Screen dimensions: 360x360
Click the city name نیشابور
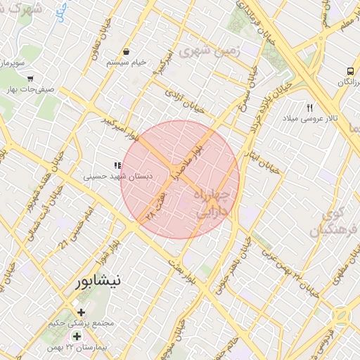(x=98, y=281)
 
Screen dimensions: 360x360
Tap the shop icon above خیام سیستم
(x=126, y=52)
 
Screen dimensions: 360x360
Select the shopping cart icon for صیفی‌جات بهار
(x=30, y=79)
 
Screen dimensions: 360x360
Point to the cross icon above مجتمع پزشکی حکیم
(x=81, y=312)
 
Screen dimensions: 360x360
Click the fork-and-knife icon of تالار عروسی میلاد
(x=309, y=107)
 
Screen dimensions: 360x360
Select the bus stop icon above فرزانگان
(x=349, y=72)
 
